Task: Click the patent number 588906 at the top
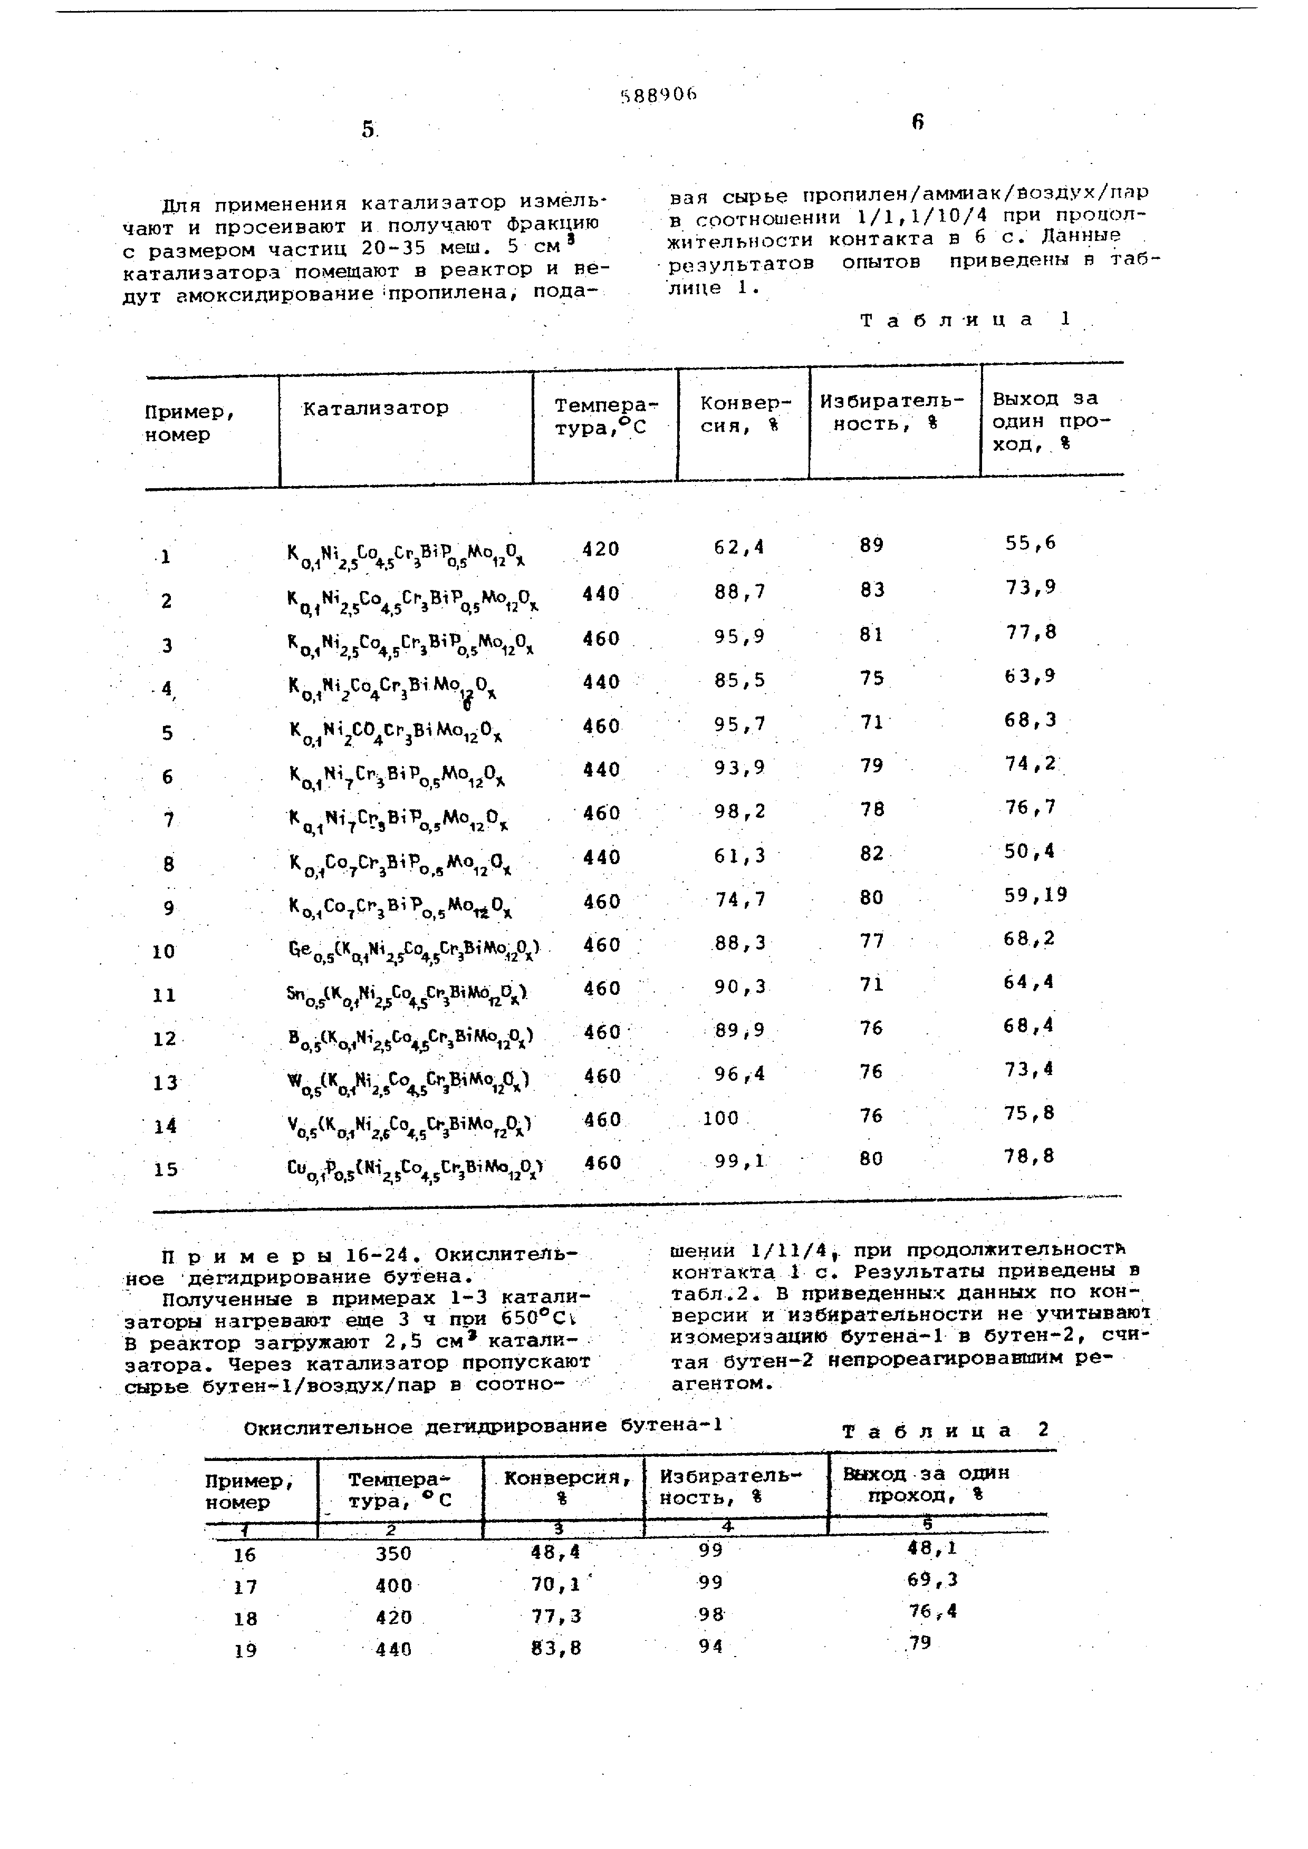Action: click(658, 95)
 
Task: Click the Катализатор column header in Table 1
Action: click(376, 408)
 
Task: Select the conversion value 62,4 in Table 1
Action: click(738, 548)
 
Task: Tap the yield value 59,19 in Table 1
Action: click(1035, 895)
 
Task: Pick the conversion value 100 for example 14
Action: click(721, 1118)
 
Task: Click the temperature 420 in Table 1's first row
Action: click(601, 549)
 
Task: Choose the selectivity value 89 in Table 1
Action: click(871, 545)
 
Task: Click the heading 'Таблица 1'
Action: click(967, 320)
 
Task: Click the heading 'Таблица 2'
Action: click(946, 1431)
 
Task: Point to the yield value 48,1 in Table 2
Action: click(932, 1548)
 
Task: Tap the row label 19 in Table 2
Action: click(246, 1651)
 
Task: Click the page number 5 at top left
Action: click(369, 129)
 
